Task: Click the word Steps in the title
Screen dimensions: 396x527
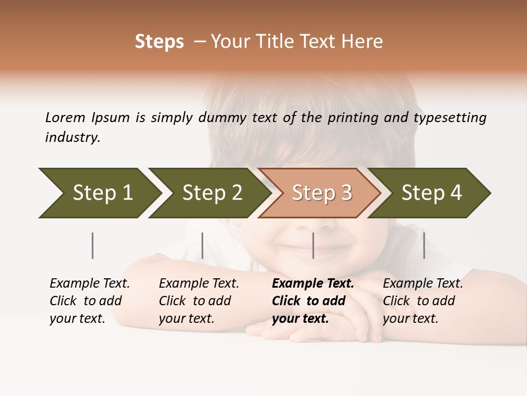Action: (159, 42)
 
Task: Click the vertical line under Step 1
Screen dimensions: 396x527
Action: (93, 245)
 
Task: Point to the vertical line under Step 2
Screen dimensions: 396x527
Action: (203, 245)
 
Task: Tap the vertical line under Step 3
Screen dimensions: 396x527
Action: (313, 245)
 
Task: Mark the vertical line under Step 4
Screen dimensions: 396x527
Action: (424, 245)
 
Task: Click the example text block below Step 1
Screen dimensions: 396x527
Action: (89, 301)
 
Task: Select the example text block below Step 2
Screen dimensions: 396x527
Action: (199, 301)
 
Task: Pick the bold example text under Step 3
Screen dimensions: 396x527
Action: (313, 301)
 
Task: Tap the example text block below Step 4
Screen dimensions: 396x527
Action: (423, 301)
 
